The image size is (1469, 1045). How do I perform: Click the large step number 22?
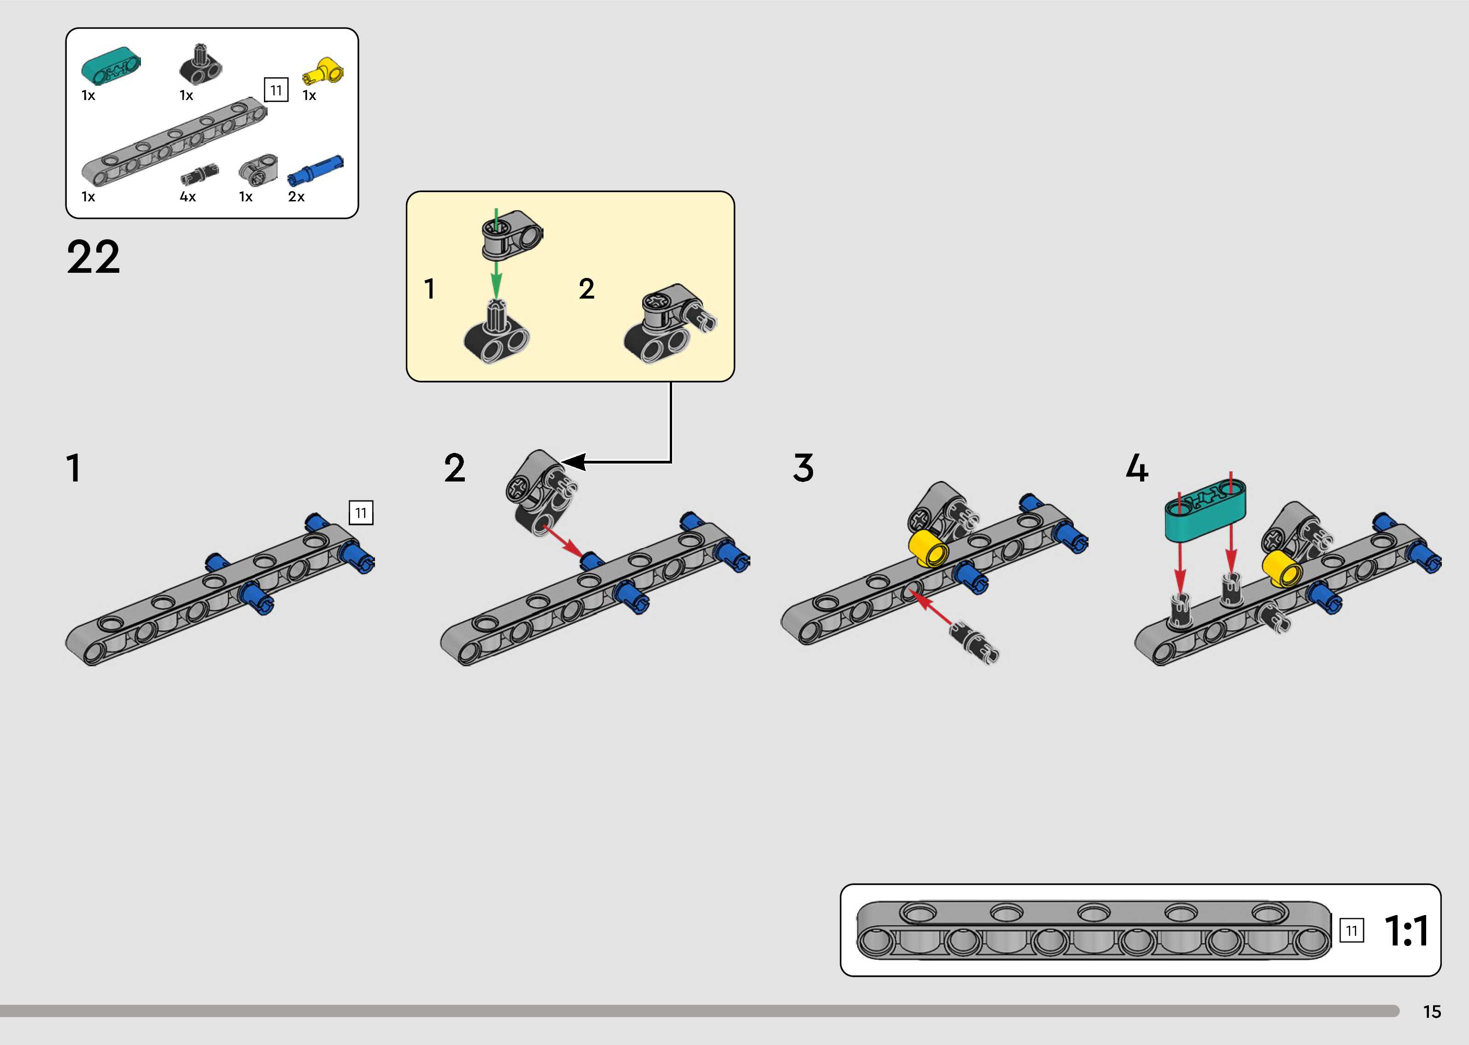click(x=93, y=258)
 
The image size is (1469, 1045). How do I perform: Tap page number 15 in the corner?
click(x=1432, y=1011)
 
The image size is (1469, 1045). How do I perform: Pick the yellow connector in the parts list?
click(x=323, y=71)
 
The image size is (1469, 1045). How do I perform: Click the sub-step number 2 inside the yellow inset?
click(x=586, y=289)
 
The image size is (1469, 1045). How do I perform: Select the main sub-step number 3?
click(x=803, y=468)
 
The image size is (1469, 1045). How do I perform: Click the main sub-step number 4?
click(x=1136, y=468)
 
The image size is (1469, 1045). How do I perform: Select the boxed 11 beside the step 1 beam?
click(x=361, y=513)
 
